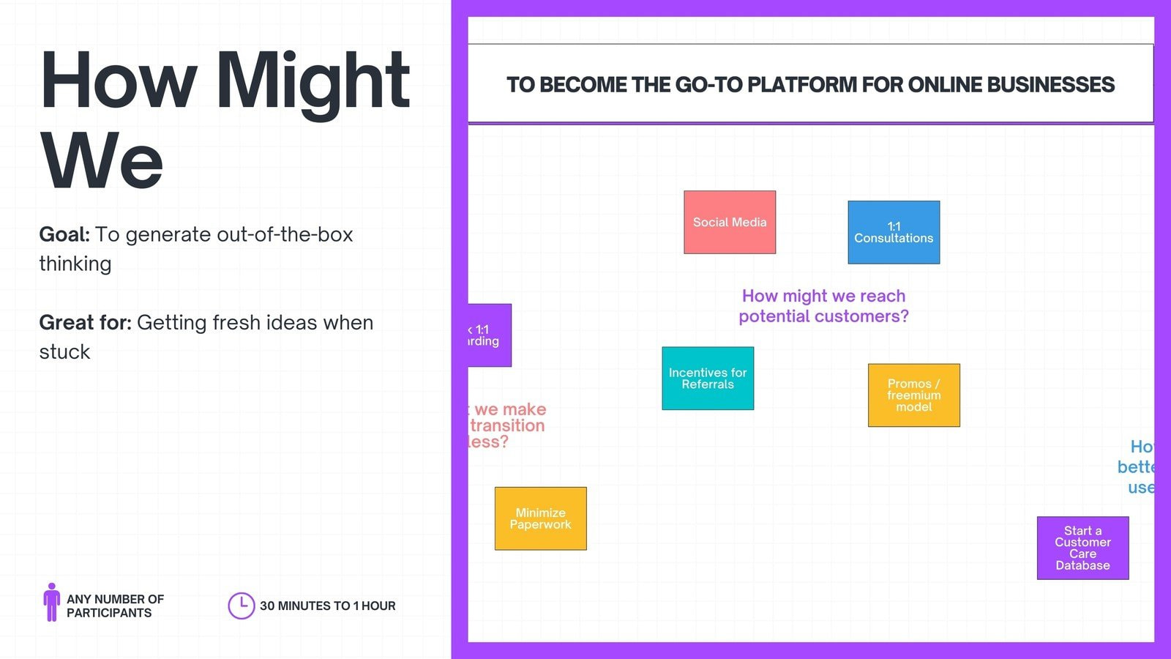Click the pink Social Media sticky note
click(x=730, y=223)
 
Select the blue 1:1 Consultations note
click(x=894, y=232)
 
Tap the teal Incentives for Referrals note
click(x=708, y=379)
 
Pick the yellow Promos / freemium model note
click(x=913, y=395)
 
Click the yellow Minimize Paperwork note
click(x=540, y=518)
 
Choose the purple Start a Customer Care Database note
click(x=1082, y=548)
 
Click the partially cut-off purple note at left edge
click(x=489, y=335)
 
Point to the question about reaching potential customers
click(x=823, y=306)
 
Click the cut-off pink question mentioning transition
click(x=507, y=425)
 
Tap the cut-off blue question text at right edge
click(x=1138, y=467)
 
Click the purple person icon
click(x=51, y=602)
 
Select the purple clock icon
click(x=241, y=606)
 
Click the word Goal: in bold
click(x=64, y=234)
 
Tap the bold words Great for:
click(x=85, y=322)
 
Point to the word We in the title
click(x=101, y=161)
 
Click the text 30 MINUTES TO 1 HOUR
click(x=327, y=606)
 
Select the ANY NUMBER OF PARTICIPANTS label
click(x=115, y=606)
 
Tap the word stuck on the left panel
click(x=64, y=352)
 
